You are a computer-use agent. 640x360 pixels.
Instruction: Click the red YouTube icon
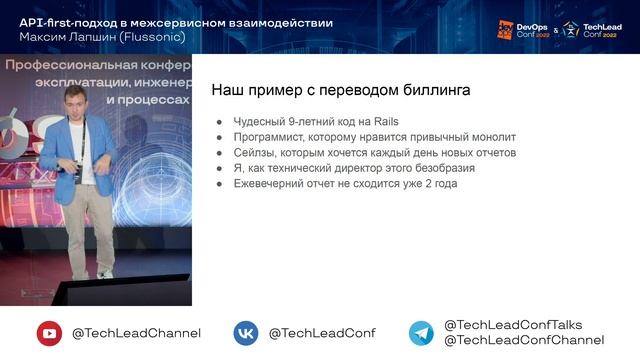pyautogui.click(x=49, y=333)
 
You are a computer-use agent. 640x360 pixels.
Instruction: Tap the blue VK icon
pyautogui.click(x=246, y=333)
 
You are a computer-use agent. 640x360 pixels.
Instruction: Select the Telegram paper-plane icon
pyautogui.click(x=421, y=333)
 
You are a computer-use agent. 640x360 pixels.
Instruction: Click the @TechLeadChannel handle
pyautogui.click(x=136, y=333)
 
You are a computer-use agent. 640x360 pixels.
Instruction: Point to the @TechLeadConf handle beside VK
pyautogui.click(x=322, y=333)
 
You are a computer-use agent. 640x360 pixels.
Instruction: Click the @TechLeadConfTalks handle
pyautogui.click(x=513, y=325)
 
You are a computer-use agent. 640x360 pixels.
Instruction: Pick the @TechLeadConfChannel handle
pyautogui.click(x=523, y=341)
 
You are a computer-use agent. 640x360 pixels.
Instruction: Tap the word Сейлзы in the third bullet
pyautogui.click(x=257, y=153)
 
